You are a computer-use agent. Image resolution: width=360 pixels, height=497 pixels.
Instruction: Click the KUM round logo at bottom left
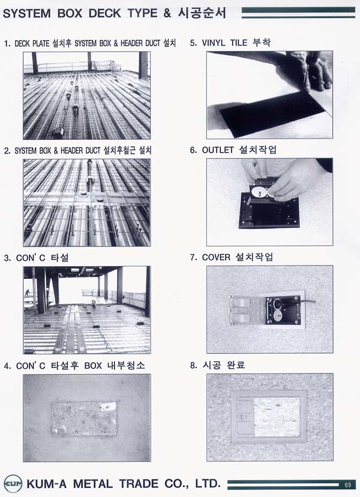13,484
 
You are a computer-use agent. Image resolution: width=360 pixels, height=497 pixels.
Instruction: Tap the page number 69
347,484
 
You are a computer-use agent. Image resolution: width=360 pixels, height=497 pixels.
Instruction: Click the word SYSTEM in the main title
26,13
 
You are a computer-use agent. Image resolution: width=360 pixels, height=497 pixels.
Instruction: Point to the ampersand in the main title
167,13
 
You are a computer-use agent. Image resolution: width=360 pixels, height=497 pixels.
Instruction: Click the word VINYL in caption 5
213,43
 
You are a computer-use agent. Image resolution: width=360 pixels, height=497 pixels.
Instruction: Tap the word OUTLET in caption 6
218,150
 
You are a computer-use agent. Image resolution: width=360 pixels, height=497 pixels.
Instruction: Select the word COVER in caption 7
216,257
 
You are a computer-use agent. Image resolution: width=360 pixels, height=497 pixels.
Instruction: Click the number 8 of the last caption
193,365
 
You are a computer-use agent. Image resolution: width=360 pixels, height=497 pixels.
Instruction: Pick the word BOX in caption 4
93,366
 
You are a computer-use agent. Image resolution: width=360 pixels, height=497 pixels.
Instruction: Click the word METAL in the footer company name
92,484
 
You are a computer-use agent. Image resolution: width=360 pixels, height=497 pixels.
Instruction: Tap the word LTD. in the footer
208,484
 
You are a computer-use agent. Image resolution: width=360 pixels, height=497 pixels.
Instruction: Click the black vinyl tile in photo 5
272,113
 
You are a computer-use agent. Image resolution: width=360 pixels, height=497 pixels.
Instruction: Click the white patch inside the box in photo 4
108,406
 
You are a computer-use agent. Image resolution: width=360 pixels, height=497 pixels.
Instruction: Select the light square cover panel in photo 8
277,417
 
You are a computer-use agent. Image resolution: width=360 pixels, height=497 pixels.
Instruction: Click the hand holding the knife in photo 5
309,71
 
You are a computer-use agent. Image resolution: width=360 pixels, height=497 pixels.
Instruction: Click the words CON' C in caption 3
31,258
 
